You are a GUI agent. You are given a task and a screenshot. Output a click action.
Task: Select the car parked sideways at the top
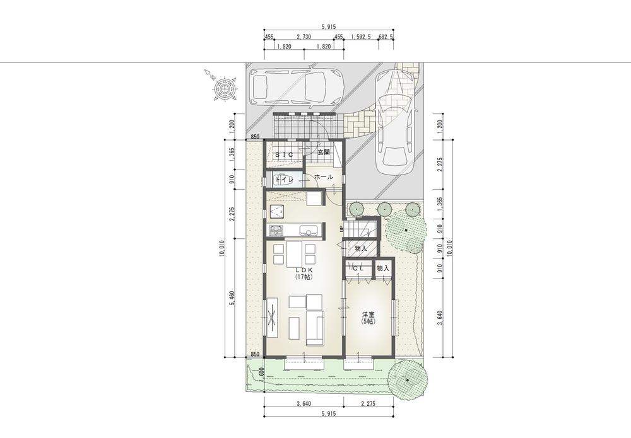pyautogui.click(x=296, y=86)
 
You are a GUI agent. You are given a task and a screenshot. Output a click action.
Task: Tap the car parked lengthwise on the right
pyautogui.click(x=395, y=120)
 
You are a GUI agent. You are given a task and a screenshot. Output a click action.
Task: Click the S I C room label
pyautogui.click(x=285, y=154)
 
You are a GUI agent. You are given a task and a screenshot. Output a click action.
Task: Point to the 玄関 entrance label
pyautogui.click(x=324, y=153)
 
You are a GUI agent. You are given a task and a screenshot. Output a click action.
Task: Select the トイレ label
pyautogui.click(x=282, y=180)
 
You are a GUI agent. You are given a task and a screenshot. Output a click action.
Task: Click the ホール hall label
pyautogui.click(x=323, y=177)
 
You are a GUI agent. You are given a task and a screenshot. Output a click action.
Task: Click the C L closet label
pyautogui.click(x=358, y=268)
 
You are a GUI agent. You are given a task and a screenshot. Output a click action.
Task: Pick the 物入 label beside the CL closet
pyautogui.click(x=383, y=268)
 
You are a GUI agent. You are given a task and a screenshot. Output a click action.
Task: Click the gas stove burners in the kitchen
pyautogui.click(x=276, y=230)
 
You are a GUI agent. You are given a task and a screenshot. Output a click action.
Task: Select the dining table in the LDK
pyautogui.click(x=292, y=253)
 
